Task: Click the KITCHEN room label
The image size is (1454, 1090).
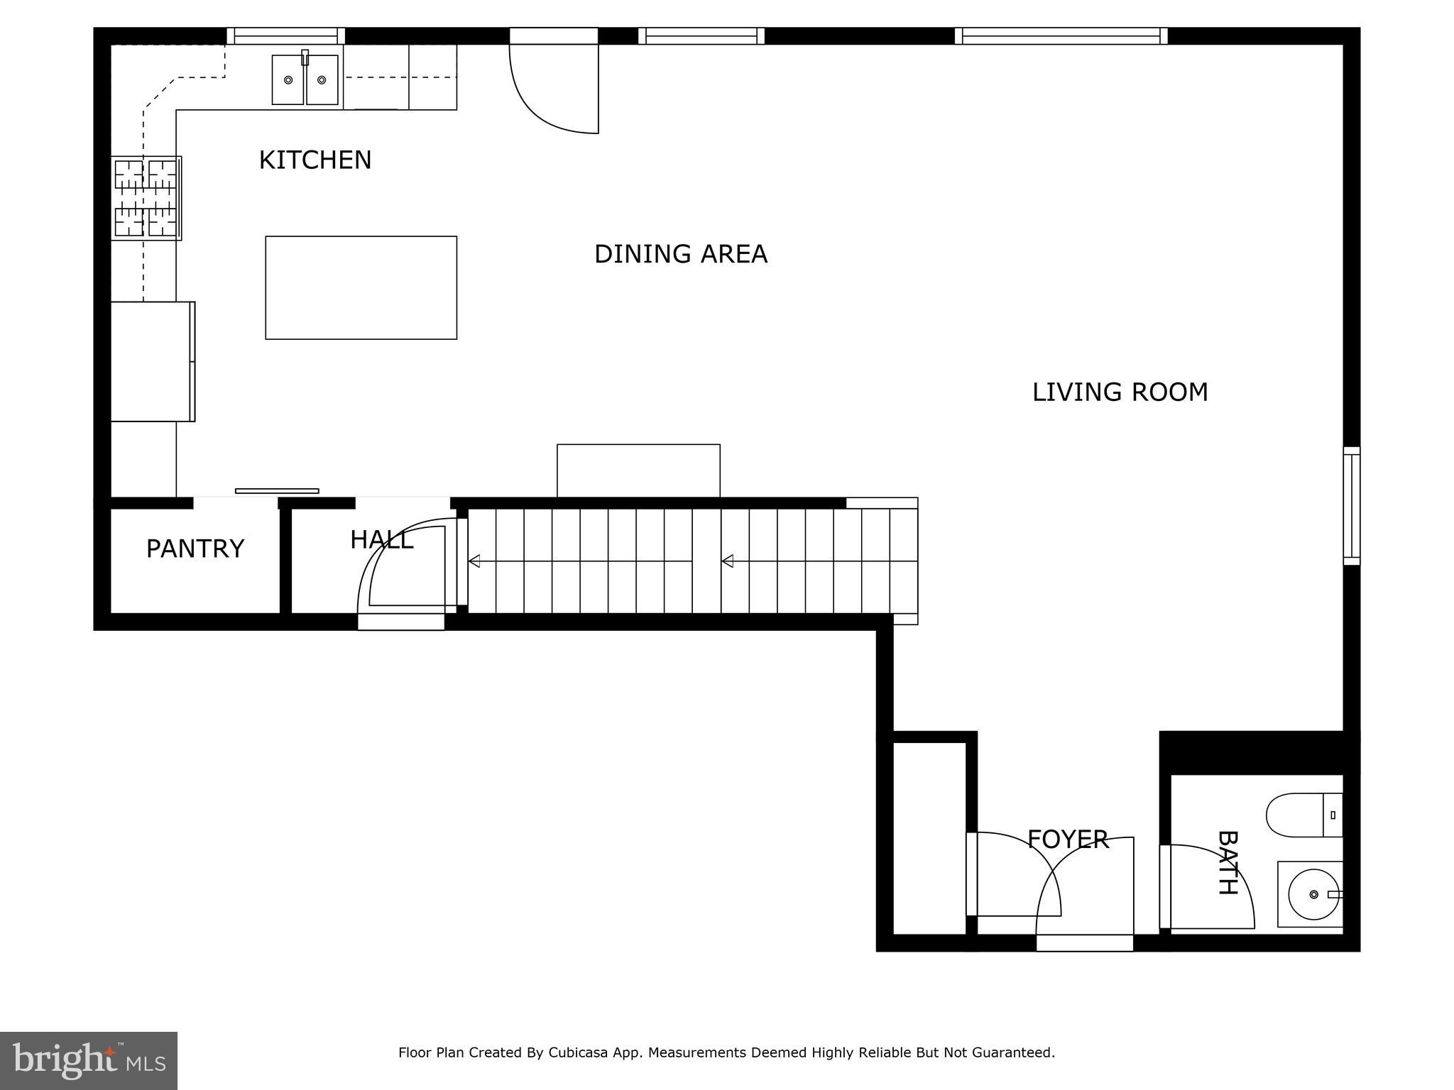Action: coord(315,160)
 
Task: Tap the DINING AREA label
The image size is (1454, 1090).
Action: coord(680,254)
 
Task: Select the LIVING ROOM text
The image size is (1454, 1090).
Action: coord(1120,392)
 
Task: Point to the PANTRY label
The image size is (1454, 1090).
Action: coord(195,549)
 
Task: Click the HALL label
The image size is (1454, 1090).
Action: coord(381,540)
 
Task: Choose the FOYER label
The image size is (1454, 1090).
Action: coord(1068,839)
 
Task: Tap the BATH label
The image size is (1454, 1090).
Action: coord(1228,862)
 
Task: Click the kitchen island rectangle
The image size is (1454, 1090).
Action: coord(361,287)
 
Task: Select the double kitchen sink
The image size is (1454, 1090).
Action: coord(305,79)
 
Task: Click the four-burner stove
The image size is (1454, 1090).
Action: coord(146,198)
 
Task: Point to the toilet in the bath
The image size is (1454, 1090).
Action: coord(1303,815)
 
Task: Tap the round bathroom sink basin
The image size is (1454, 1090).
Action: coord(1313,894)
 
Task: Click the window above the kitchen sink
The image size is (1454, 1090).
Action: coord(285,35)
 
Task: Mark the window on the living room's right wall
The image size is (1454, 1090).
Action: coord(1351,506)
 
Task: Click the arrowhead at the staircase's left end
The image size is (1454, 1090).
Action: coord(474,561)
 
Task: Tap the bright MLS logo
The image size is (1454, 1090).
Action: coord(89,1061)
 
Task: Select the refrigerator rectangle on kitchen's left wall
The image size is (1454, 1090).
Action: coord(152,361)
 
